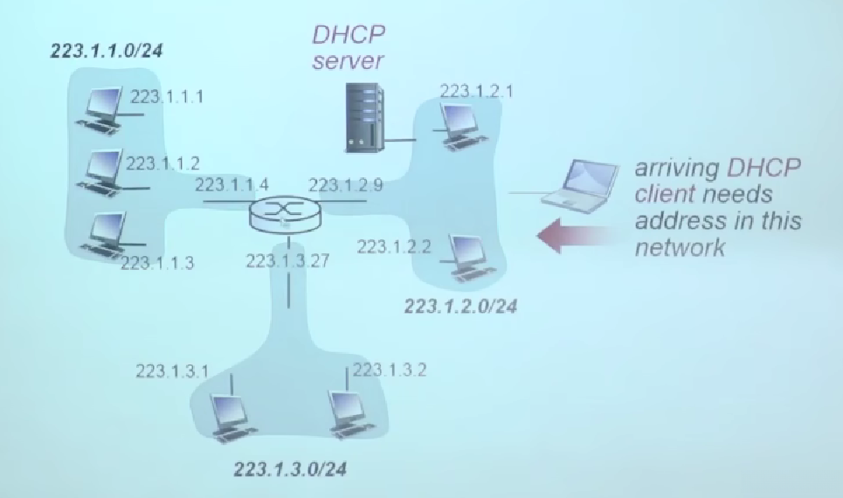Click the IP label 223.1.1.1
(167, 97)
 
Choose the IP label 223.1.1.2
(163, 163)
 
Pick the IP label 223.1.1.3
(158, 262)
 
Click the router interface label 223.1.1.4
(231, 185)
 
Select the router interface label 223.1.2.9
(345, 185)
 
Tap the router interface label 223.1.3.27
(287, 259)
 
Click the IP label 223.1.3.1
(172, 370)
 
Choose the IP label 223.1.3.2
(389, 370)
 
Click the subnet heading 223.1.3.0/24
(289, 469)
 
